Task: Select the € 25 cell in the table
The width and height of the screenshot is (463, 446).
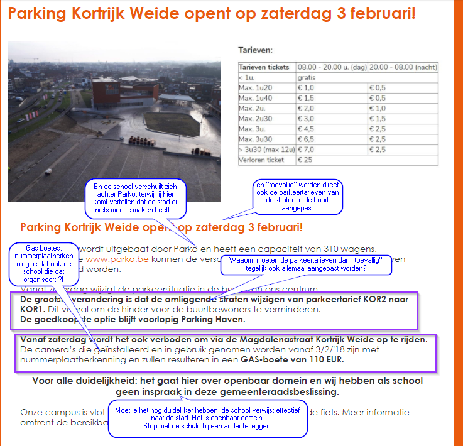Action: pyautogui.click(x=305, y=160)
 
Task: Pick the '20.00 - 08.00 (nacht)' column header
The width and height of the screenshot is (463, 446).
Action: pyautogui.click(x=403, y=67)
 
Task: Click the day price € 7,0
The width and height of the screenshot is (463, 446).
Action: pyautogui.click(x=306, y=150)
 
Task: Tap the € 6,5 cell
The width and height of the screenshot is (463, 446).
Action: pyautogui.click(x=306, y=139)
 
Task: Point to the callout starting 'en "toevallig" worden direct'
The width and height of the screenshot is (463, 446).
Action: pyautogui.click(x=298, y=196)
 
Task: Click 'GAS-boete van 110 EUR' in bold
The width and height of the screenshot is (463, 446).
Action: pyautogui.click(x=293, y=360)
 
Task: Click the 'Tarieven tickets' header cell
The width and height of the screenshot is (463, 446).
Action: pyautogui.click(x=264, y=67)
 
